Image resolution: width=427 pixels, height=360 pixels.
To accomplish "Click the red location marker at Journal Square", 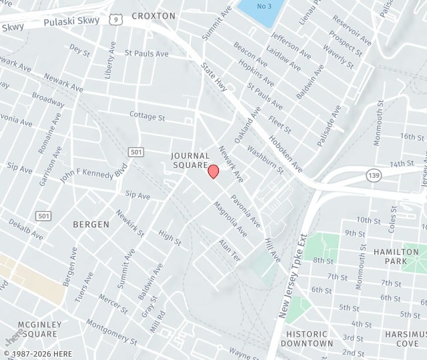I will pyautogui.click(x=213, y=171).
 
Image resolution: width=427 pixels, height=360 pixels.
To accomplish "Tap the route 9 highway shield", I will pyautogui.click(x=116, y=19).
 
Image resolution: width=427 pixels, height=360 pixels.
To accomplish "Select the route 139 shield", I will pyautogui.click(x=374, y=175).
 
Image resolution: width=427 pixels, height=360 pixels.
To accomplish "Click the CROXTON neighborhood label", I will pyautogui.click(x=153, y=15).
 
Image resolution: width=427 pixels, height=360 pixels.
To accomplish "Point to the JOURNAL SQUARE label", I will pyautogui.click(x=191, y=160).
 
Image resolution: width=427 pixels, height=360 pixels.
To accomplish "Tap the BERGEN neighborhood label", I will pyautogui.click(x=91, y=224).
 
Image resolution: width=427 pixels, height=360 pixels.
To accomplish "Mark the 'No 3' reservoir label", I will pyautogui.click(x=265, y=6).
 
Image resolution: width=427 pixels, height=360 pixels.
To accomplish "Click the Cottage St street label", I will pyautogui.click(x=147, y=116).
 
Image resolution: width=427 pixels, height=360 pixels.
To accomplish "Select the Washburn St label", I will pyautogui.click(x=265, y=160).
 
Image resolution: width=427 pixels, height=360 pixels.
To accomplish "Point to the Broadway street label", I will pyautogui.click(x=48, y=101).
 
